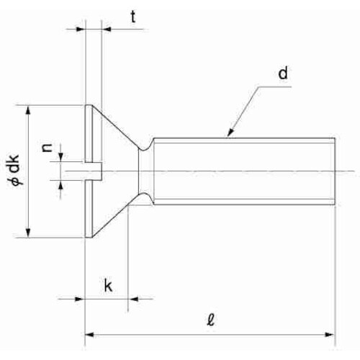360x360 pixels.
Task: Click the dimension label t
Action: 133,17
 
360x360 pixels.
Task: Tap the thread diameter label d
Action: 283,73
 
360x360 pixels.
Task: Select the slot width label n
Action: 47,148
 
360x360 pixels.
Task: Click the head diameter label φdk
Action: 15,170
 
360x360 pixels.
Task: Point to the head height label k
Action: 108,285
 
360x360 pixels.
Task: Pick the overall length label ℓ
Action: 211,320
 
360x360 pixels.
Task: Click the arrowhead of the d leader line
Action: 230,132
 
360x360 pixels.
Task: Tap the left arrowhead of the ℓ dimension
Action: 89,334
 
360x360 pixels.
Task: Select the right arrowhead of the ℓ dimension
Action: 329,334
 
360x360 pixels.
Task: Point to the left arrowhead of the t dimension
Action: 81,30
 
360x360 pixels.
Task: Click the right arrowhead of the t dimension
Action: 106,30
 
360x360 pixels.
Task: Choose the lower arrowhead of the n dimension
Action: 61,184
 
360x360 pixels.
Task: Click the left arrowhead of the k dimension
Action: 81,299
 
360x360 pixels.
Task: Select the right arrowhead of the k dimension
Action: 133,299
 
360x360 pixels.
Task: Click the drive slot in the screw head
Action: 94,171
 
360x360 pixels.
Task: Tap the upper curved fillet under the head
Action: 146,145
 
